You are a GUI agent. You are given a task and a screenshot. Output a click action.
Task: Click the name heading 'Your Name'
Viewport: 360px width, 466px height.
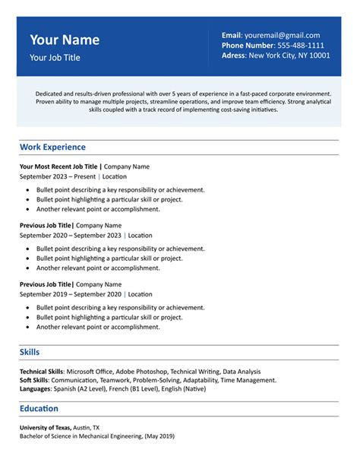(65, 40)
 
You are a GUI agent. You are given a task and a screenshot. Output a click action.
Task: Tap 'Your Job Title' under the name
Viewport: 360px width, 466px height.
(55, 57)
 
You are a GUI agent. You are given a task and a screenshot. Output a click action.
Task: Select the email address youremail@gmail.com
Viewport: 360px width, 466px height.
(282, 35)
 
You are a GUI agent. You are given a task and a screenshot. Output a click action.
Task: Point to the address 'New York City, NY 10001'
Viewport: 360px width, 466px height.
(289, 55)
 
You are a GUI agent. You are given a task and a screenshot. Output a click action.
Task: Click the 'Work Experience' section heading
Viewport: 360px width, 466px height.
(52, 147)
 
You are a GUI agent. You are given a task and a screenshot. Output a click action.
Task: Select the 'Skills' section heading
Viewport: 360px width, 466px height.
(30, 352)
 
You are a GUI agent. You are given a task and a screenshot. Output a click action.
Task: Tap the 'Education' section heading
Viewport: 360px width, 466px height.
(39, 409)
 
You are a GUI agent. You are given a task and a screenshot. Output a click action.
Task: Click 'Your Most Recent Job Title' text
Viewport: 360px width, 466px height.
(58, 166)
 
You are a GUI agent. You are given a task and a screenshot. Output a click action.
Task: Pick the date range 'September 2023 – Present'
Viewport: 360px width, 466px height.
(58, 176)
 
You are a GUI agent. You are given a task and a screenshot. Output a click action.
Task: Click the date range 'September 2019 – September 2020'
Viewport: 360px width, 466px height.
(70, 294)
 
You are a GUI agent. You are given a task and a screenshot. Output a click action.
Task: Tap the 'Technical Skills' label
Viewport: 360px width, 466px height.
(43, 371)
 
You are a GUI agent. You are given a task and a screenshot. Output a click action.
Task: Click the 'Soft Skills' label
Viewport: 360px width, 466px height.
(35, 379)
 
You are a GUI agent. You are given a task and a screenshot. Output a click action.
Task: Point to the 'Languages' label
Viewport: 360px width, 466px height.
(35, 388)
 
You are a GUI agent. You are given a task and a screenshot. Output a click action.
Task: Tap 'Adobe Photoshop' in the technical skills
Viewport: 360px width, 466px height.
(141, 371)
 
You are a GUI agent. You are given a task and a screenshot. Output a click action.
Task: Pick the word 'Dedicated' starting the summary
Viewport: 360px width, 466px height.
(50, 93)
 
